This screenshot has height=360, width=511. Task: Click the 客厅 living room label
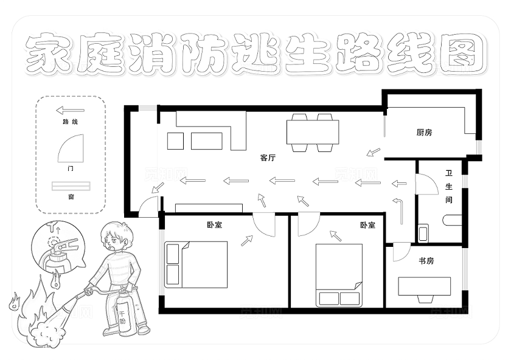(x=268, y=158)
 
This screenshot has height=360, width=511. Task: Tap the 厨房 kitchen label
(x=424, y=133)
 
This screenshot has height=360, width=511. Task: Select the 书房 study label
(x=426, y=261)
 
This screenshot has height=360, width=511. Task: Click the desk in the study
(x=424, y=286)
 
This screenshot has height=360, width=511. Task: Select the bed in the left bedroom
(x=196, y=265)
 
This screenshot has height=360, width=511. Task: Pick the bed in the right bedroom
(x=339, y=275)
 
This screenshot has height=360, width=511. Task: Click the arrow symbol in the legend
(x=70, y=111)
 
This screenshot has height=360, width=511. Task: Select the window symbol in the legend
(x=71, y=185)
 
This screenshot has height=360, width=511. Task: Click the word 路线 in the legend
(x=71, y=122)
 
